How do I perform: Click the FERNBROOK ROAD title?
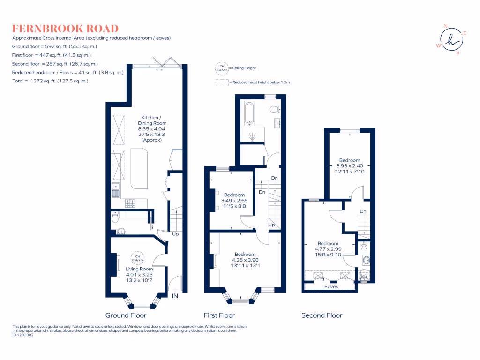[x=65, y=29]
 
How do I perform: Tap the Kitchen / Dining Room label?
[x=152, y=120]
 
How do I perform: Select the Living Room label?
[x=139, y=269]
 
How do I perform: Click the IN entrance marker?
[x=175, y=296]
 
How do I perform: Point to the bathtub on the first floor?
[x=249, y=113]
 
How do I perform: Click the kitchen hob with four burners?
[x=130, y=203]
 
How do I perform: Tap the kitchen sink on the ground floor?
[x=116, y=190]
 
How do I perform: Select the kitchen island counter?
[x=139, y=169]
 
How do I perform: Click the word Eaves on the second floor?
[x=331, y=287]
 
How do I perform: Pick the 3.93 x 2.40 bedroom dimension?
[x=350, y=166]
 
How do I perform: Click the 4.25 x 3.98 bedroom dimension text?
[x=245, y=260]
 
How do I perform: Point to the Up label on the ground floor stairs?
[x=175, y=234]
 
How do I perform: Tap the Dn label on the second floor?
[x=363, y=211]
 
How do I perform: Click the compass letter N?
[x=445, y=26]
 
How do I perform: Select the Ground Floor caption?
[x=126, y=315]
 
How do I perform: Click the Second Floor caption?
[x=322, y=315]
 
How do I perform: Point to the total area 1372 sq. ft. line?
[x=50, y=81]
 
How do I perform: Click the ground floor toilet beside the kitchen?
[x=115, y=217]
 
